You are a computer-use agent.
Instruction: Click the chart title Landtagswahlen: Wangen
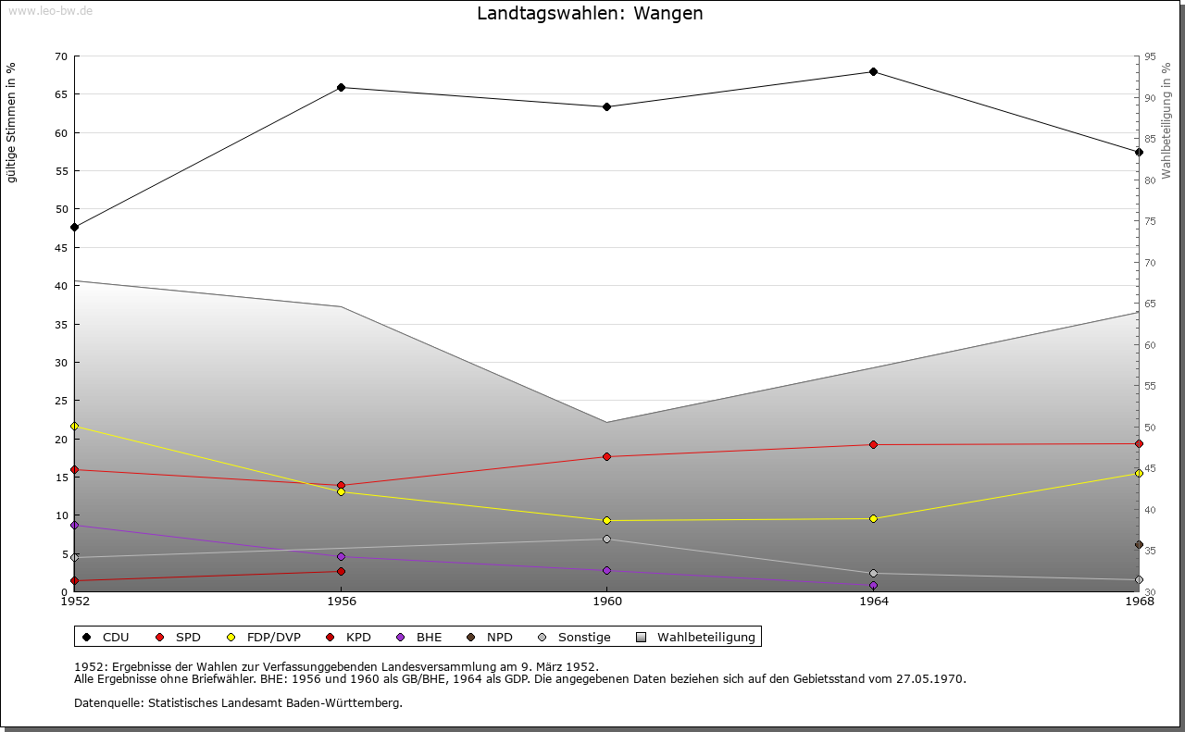590,14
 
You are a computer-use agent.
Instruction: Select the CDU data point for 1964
873,72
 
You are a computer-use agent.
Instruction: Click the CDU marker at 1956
341,88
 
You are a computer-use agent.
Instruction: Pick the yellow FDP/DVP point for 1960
607,521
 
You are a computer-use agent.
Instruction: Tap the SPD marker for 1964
873,445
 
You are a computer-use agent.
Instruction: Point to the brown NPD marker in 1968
1139,545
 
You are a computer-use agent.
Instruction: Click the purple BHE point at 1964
873,586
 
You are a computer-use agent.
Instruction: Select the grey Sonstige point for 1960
607,539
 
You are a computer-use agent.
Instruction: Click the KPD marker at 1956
341,571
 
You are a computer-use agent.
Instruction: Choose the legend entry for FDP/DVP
273,638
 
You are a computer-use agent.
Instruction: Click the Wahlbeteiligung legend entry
705,638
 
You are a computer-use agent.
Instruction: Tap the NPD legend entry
499,638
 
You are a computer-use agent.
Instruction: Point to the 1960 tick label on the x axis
607,602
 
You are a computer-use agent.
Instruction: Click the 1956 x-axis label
341,602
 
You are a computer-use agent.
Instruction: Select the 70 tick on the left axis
60,56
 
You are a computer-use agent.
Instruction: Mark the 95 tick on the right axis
1150,56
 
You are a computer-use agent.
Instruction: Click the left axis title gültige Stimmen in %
12,123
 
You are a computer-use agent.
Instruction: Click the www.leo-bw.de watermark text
49,10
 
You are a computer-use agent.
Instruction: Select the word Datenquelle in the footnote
105,702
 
